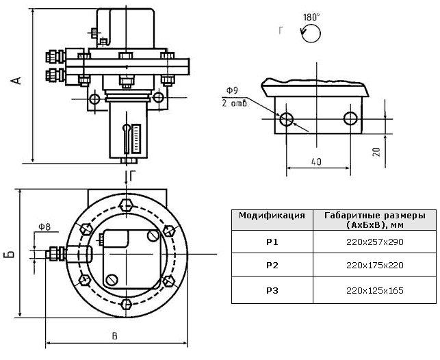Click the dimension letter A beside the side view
click(x=16, y=80)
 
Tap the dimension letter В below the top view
click(x=114, y=336)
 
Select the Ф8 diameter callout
click(x=44, y=227)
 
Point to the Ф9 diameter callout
click(x=232, y=90)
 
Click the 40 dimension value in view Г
click(x=316, y=162)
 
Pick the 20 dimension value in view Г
click(x=377, y=152)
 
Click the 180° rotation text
click(x=311, y=17)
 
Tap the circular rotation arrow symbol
click(x=311, y=34)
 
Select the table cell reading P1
click(x=272, y=242)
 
